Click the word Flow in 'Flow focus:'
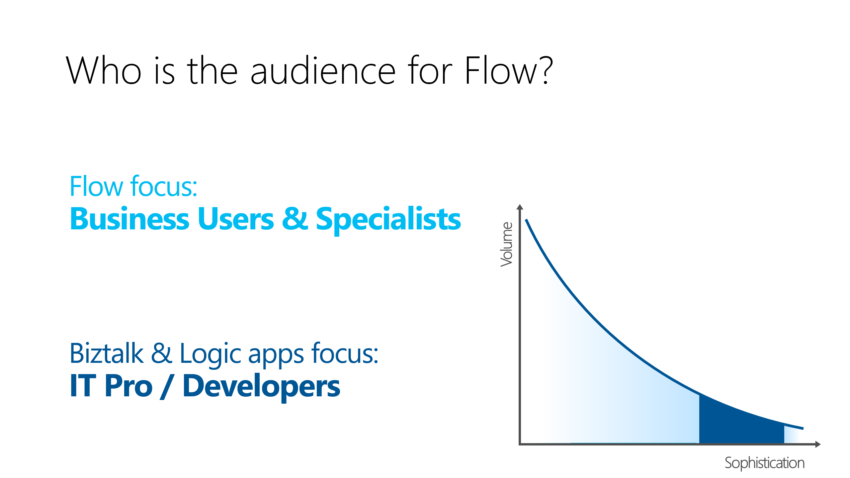click(x=96, y=187)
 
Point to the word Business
click(x=129, y=219)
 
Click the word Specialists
click(x=388, y=219)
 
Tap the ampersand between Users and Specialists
click(x=295, y=219)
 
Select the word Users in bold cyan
click(x=236, y=219)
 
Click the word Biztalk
click(x=106, y=354)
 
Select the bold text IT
click(x=83, y=386)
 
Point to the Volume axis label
click(x=507, y=244)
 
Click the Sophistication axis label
click(x=764, y=463)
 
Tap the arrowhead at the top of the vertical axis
click(x=520, y=207)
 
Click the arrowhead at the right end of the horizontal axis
click(x=818, y=444)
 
